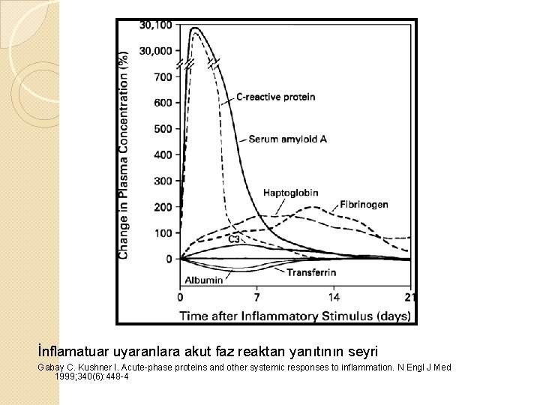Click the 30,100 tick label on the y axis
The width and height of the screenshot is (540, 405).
pyautogui.click(x=155, y=25)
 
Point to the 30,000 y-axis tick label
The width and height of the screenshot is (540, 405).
pyautogui.click(x=155, y=51)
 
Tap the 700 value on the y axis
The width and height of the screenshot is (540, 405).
pyautogui.click(x=163, y=76)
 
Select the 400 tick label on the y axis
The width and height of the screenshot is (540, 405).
pyautogui.click(x=163, y=155)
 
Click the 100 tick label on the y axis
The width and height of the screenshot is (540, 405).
pyautogui.click(x=163, y=233)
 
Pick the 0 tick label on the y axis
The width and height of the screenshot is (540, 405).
pyautogui.click(x=169, y=259)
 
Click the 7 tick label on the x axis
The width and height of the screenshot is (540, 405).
pyautogui.click(x=257, y=297)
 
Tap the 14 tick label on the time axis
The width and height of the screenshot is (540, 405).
pyautogui.click(x=333, y=297)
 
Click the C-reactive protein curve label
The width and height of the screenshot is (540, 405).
pyautogui.click(x=276, y=97)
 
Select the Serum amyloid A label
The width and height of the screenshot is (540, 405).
pyautogui.click(x=288, y=139)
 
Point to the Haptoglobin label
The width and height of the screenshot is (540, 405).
pyautogui.click(x=291, y=193)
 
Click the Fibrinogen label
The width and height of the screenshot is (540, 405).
pyautogui.click(x=364, y=205)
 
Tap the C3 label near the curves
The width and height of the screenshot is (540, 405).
pyautogui.click(x=234, y=238)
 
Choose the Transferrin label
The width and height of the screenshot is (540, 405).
pyautogui.click(x=311, y=272)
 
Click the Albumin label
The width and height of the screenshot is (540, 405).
pyautogui.click(x=204, y=280)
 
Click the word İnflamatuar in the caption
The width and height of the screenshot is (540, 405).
pyautogui.click(x=74, y=352)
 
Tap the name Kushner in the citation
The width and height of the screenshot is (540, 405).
pyautogui.click(x=93, y=367)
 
